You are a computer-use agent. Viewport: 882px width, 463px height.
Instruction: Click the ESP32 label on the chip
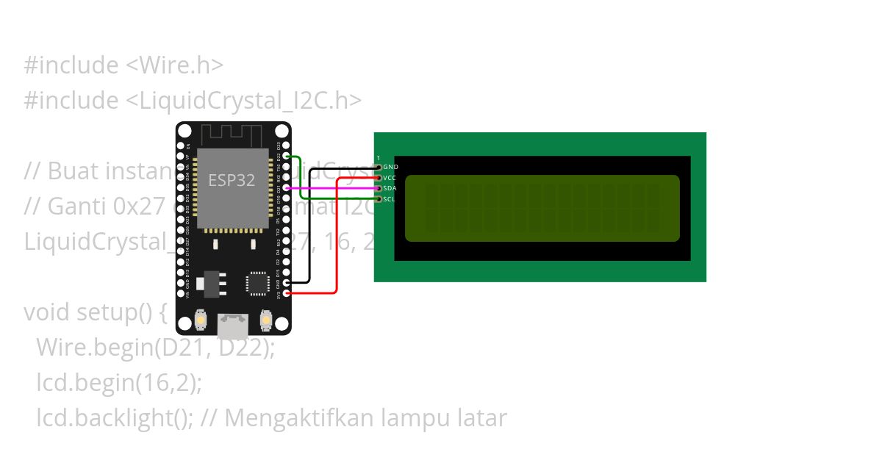tap(232, 181)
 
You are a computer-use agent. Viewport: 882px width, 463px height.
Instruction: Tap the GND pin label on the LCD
tap(390, 168)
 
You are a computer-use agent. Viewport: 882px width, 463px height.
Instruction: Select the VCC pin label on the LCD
tap(390, 178)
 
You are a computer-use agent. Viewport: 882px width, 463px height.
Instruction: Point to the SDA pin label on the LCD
tap(390, 188)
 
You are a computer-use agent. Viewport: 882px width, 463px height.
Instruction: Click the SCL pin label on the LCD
tap(390, 198)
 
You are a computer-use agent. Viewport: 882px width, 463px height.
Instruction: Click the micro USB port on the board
tap(233, 325)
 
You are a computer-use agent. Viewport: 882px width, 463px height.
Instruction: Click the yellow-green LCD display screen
tap(542, 208)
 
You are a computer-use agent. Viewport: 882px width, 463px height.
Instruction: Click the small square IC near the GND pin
tap(258, 283)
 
